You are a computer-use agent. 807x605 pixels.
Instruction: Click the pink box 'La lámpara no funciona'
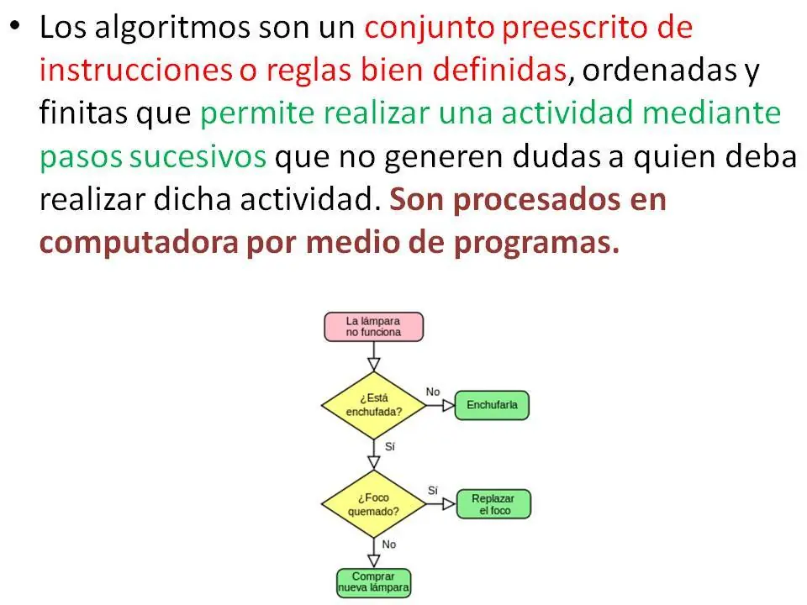click(x=373, y=327)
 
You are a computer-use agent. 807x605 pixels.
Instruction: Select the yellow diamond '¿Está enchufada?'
click(x=373, y=405)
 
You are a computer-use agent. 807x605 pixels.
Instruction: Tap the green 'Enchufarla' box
click(x=492, y=405)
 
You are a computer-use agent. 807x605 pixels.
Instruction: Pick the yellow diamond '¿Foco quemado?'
click(x=373, y=504)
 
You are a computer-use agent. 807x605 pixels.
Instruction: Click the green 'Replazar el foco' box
click(x=493, y=504)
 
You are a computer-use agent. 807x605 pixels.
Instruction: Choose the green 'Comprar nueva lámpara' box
click(x=373, y=583)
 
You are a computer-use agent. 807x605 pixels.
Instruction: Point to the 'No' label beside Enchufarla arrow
click(x=433, y=392)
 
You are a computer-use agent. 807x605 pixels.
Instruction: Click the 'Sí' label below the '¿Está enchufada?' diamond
click(x=389, y=446)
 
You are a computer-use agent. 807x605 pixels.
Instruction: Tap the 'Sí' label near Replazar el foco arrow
click(x=433, y=491)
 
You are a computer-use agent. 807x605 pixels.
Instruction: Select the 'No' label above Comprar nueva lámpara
click(x=389, y=544)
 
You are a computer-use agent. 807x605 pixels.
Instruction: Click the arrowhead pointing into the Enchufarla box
click(x=448, y=405)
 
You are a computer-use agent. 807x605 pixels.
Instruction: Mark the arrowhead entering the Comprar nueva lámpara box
click(x=373, y=561)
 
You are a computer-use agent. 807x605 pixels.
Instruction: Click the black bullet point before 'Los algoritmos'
click(x=15, y=24)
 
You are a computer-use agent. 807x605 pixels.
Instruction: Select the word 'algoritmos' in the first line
click(x=172, y=28)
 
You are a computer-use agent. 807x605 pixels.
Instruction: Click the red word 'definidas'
click(x=499, y=70)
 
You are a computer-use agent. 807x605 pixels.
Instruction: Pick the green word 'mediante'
click(x=712, y=113)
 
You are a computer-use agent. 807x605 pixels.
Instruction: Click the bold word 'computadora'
click(x=139, y=243)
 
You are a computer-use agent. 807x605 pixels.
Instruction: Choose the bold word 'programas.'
click(x=536, y=243)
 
